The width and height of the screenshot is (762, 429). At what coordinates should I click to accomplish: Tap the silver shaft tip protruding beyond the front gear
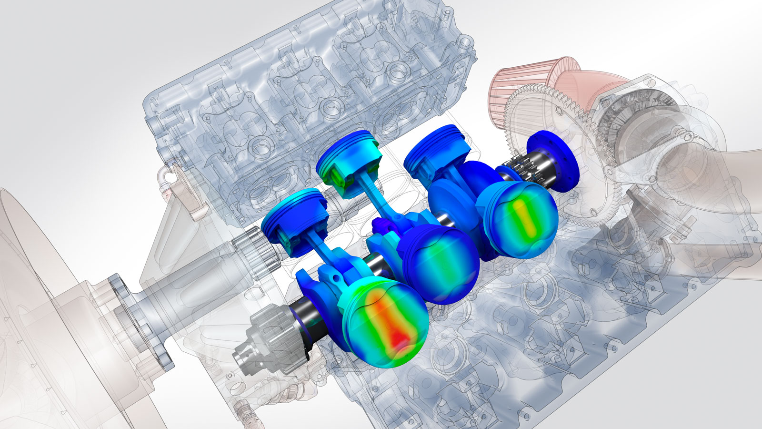tap(243, 355)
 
